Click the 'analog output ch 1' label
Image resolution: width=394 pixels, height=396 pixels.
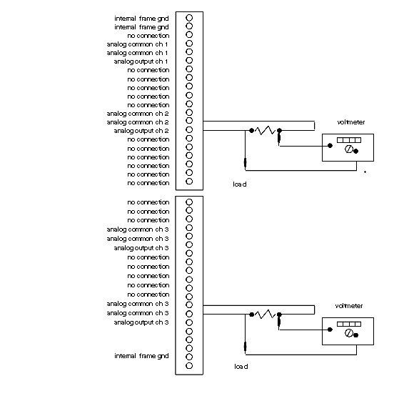coord(141,61)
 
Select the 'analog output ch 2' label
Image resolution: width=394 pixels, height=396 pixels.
coord(141,131)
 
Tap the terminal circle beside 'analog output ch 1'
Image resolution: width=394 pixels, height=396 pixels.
coord(189,60)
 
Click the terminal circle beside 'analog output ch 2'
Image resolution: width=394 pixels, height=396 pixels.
coord(189,130)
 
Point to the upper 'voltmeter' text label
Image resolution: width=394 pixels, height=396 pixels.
coord(351,122)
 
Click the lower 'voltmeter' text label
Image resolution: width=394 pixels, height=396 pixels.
coord(349,306)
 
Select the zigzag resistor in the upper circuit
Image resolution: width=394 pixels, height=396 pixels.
coord(265,130)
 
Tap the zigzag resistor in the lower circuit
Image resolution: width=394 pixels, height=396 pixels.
coord(265,315)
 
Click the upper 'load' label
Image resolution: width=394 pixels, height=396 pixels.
coord(240,184)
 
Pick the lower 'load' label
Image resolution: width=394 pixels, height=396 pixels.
coord(241,367)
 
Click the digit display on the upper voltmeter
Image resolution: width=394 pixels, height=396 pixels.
coord(349,140)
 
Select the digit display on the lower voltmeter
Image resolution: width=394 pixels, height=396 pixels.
coord(349,324)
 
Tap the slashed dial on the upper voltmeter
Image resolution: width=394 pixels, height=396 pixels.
coord(349,149)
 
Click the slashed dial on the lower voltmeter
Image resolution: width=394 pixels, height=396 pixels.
coord(349,333)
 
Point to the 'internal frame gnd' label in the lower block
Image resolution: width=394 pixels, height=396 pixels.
coord(141,356)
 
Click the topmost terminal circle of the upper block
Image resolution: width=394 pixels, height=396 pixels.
coord(189,18)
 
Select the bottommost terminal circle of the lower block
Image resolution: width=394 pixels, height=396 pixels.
coord(189,365)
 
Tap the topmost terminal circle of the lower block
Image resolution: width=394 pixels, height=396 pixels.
coord(189,202)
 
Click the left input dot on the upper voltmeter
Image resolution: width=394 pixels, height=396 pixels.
coord(330,146)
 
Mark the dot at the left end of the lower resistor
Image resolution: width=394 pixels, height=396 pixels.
coord(251,315)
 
